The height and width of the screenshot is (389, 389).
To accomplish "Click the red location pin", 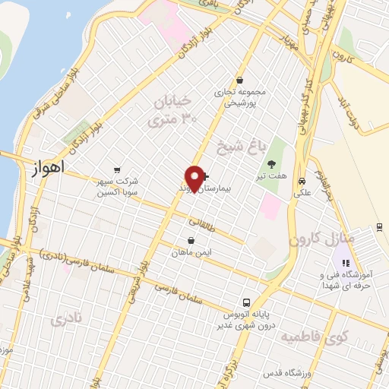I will tap(195, 177).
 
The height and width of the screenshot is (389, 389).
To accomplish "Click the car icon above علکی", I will tap(302, 182).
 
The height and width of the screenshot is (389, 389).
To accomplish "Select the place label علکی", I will tap(302, 193).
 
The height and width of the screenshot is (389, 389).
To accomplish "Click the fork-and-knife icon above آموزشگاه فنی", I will tap(347, 263).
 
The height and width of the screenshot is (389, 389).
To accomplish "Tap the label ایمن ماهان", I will tap(190, 251).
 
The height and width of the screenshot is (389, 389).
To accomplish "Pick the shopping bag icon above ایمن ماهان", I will tap(190, 241).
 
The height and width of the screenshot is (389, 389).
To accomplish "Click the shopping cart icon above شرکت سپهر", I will tap(116, 170).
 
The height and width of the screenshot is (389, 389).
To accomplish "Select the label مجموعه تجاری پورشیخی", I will tap(239, 95).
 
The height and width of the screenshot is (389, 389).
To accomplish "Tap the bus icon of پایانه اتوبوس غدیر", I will tap(245, 301).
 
